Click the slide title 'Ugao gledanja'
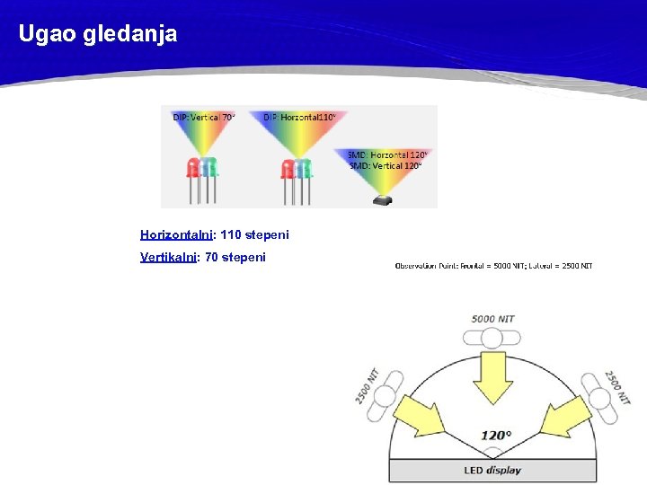[x=98, y=35]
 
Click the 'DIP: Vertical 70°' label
[x=204, y=117]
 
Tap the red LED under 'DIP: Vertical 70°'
[x=192, y=167]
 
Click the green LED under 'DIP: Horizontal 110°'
[x=303, y=168]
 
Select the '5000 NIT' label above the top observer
[x=492, y=319]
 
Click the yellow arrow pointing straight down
[x=492, y=377]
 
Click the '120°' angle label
[x=495, y=436]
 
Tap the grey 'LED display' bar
[x=493, y=470]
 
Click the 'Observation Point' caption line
[x=493, y=265]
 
